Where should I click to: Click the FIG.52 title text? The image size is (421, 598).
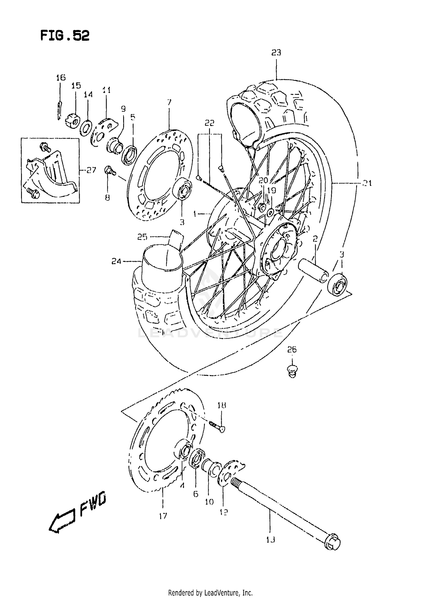(65, 36)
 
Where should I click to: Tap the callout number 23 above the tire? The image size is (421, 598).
(276, 52)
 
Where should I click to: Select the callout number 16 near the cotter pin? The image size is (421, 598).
(61, 77)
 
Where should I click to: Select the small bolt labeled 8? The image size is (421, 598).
(109, 171)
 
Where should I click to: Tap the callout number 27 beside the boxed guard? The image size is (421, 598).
(91, 170)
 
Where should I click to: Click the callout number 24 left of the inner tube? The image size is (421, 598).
(116, 261)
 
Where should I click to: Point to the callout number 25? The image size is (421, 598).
(142, 237)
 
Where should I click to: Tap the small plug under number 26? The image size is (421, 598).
(292, 372)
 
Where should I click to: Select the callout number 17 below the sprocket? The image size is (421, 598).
(163, 516)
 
